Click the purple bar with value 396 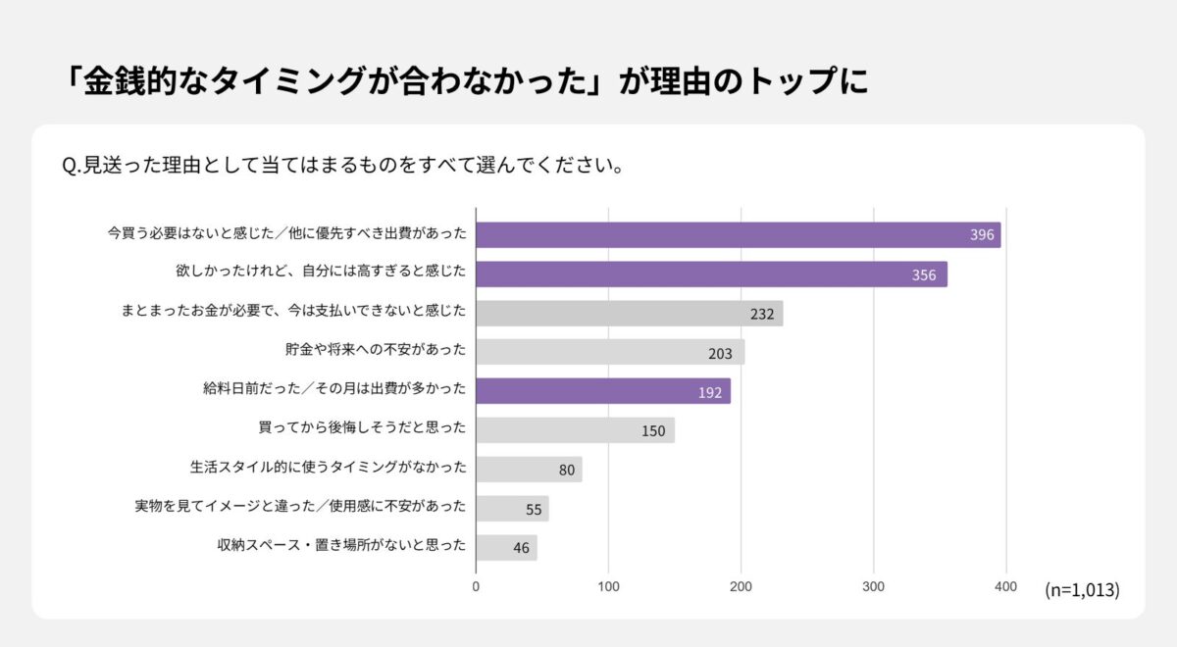click(x=738, y=235)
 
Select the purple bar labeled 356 click(x=711, y=274)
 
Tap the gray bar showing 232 click(x=629, y=314)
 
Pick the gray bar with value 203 click(x=610, y=352)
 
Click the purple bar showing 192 click(x=602, y=391)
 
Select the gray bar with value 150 click(x=575, y=430)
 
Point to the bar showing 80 click(x=529, y=470)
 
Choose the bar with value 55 click(x=512, y=509)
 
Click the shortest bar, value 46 click(x=506, y=547)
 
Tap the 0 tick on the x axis click(x=477, y=586)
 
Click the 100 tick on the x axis click(x=608, y=586)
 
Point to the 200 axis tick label click(x=741, y=586)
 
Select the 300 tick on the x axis click(x=873, y=586)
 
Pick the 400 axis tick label click(x=1005, y=586)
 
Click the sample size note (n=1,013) click(x=1082, y=590)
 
